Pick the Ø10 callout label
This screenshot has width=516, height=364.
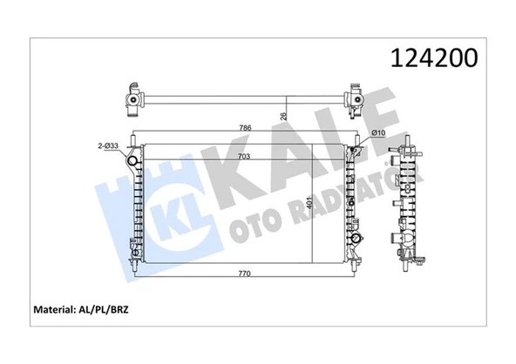point(378,132)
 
